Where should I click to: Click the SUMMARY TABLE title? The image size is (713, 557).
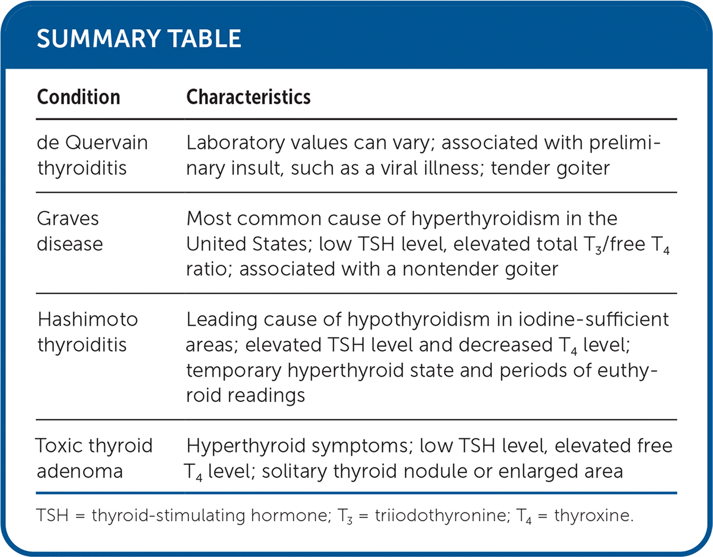(x=139, y=39)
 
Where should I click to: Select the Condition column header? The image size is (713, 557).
(x=78, y=97)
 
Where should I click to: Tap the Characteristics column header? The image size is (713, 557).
(x=248, y=97)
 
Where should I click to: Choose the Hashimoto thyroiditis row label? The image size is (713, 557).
(x=88, y=332)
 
